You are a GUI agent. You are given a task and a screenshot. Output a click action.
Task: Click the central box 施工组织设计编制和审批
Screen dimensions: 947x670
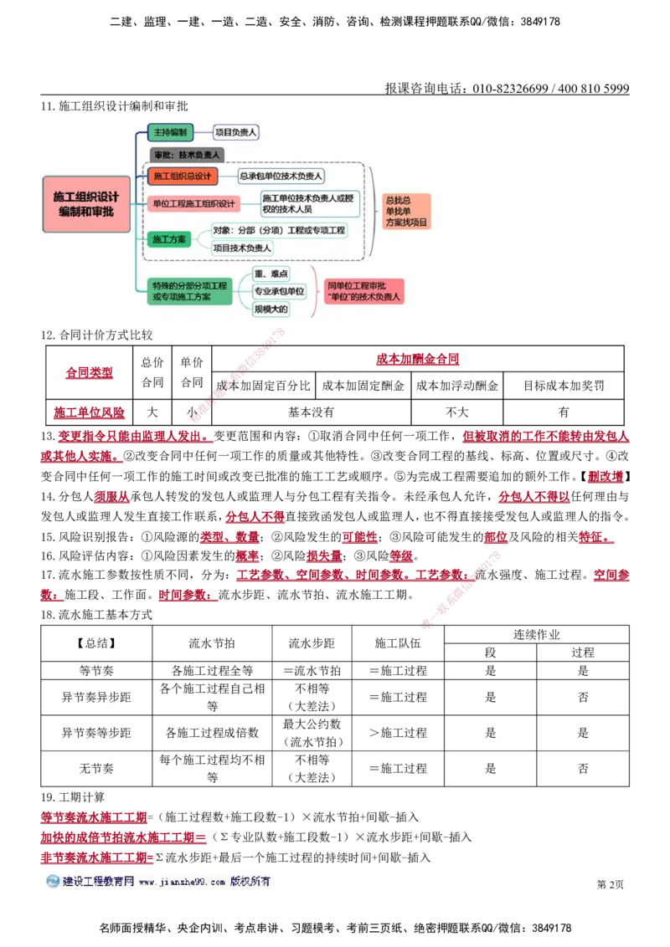[x=86, y=203]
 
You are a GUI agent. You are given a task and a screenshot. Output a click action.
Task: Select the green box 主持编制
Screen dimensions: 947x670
[x=171, y=132]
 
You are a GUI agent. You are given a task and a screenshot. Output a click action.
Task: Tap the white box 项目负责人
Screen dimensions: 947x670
[x=236, y=132]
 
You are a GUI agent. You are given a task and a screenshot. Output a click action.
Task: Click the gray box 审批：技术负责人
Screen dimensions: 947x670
[x=187, y=155]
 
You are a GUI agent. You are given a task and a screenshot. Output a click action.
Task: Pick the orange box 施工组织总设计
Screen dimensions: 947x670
[x=183, y=176]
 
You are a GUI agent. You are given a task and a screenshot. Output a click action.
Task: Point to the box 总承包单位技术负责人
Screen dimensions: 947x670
[x=281, y=176]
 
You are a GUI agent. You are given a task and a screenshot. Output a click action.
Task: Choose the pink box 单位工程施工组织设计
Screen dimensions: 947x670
[x=193, y=203]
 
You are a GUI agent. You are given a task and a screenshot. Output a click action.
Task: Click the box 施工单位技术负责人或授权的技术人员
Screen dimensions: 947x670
[x=309, y=203]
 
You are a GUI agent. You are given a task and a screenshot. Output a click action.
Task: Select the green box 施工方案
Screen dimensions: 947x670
[x=169, y=239]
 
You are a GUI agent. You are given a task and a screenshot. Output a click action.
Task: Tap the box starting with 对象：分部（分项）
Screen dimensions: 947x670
[x=279, y=230]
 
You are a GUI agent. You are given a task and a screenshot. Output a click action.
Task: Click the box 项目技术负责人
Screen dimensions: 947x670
[x=242, y=248]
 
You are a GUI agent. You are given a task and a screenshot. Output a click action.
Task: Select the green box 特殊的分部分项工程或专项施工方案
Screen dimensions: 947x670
[x=189, y=291]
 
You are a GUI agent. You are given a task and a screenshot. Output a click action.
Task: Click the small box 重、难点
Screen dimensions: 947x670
[x=271, y=274]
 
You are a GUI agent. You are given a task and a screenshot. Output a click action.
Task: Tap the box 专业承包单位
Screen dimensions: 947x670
[x=280, y=291]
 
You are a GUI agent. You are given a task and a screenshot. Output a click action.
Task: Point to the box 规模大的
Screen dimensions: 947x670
[x=271, y=310]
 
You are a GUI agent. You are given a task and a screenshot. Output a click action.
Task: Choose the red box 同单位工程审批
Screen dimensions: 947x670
[x=364, y=291]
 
